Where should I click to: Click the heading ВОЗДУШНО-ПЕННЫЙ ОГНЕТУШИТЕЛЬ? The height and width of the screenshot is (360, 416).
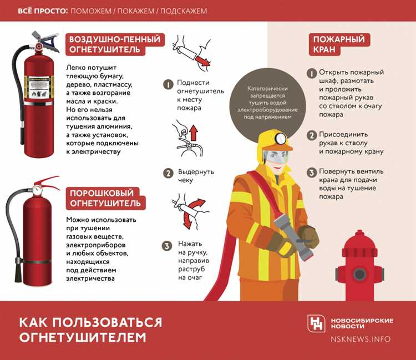(x=114, y=45)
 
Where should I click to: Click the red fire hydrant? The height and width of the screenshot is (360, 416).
(x=359, y=266)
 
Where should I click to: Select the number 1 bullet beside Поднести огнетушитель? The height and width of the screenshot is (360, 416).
(x=167, y=84)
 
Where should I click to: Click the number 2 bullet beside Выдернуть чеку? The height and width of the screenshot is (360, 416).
(x=167, y=173)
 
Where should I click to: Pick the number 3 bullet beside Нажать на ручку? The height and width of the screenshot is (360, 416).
(x=167, y=246)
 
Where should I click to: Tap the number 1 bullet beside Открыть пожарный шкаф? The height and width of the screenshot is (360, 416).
(x=312, y=73)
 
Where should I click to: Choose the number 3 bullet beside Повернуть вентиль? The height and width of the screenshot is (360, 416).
(x=312, y=172)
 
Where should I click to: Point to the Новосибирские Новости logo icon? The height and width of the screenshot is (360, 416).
(x=317, y=323)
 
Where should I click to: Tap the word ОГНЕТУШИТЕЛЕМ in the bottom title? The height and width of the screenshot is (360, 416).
(x=83, y=337)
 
